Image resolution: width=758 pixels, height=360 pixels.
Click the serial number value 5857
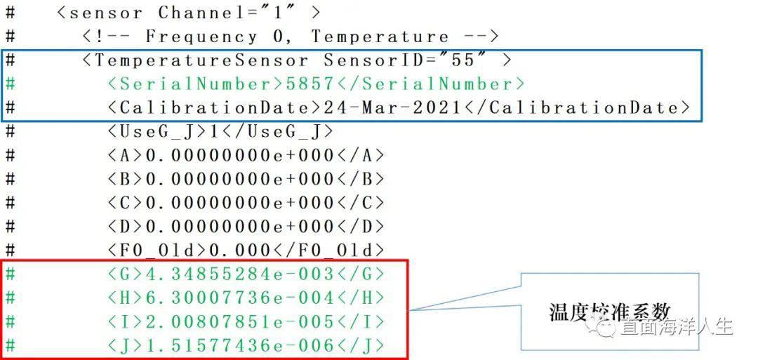[x=310, y=84]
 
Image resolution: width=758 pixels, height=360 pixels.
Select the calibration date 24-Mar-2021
[x=392, y=108]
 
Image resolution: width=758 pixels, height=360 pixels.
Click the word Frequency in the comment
[x=201, y=36]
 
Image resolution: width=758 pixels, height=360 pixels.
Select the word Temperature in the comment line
[x=380, y=36]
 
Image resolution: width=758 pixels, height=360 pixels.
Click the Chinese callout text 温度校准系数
[x=609, y=312]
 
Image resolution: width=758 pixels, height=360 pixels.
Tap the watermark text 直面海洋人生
[x=675, y=326]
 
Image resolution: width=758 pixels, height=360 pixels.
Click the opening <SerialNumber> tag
[x=196, y=84]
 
